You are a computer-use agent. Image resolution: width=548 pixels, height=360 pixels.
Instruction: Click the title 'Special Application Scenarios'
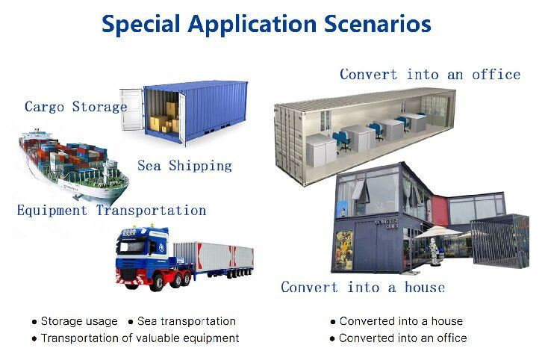click(x=266, y=24)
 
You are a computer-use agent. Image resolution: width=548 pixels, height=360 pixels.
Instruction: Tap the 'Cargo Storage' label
click(x=75, y=107)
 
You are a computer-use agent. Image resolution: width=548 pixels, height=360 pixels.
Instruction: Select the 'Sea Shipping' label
click(x=184, y=166)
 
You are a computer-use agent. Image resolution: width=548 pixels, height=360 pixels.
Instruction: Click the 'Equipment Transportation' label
click(x=111, y=211)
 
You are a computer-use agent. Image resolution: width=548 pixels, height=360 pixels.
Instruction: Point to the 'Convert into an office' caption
click(x=429, y=74)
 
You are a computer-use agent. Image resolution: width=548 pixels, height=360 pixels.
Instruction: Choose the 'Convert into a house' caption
click(x=362, y=288)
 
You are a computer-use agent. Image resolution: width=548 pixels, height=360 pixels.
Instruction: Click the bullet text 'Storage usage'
click(x=79, y=321)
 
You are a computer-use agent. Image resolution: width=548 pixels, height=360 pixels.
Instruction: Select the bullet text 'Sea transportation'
click(x=186, y=321)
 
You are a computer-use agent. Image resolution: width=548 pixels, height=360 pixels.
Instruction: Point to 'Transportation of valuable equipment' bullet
click(x=140, y=338)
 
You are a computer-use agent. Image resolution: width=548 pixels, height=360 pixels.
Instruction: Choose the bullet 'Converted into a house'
click(x=401, y=321)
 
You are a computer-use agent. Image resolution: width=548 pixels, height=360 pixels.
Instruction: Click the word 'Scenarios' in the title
click(x=378, y=24)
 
